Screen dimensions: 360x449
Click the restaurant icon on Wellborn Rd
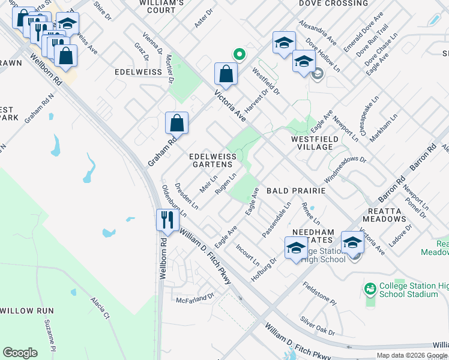[167, 220]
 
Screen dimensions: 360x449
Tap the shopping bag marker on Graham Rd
[177, 123]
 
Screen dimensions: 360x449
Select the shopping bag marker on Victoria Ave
[226, 74]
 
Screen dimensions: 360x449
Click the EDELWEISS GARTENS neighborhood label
[211, 160]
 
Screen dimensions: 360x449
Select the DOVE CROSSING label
[333, 4]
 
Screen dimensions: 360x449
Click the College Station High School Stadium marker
[370, 289]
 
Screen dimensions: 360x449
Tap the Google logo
[20, 353]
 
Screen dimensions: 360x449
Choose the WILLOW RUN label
[26, 311]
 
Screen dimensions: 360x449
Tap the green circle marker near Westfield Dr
[239, 55]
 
